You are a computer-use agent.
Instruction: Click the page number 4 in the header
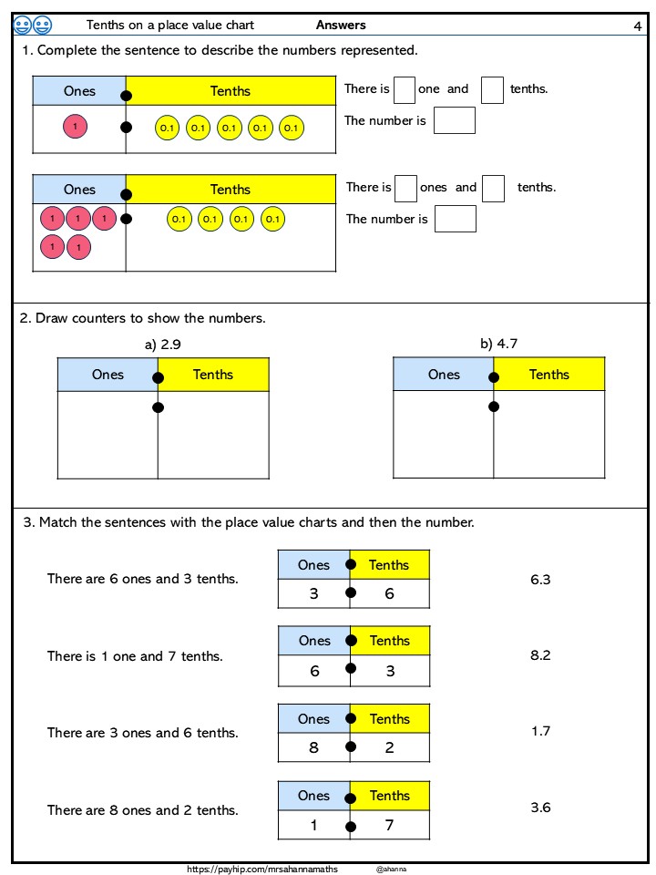pos(637,26)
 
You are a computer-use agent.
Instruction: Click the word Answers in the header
pos(341,26)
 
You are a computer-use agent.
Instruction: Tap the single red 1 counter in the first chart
pos(76,128)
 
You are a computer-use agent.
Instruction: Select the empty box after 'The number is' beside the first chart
pos(454,120)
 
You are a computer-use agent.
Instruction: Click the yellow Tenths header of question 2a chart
pos(213,375)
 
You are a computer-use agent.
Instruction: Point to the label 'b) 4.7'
pos(498,344)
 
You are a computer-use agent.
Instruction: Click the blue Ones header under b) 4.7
pos(444,375)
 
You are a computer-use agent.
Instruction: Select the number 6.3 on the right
pos(540,579)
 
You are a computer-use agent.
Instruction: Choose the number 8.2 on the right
pos(540,654)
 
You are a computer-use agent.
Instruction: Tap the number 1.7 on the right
pos(540,731)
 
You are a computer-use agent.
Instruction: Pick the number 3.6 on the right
pos(540,808)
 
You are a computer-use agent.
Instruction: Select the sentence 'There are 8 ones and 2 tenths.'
pos(143,810)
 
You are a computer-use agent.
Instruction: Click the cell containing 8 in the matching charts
pos(313,747)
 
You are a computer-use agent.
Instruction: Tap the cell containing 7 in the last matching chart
pos(389,825)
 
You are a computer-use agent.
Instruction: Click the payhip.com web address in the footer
pos(261,870)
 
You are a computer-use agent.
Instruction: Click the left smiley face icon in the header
pos(23,26)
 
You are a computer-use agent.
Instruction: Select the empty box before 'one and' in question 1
pos(404,89)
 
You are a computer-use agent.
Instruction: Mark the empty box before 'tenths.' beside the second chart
pos(493,188)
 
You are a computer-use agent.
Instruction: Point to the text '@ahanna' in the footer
pos(391,870)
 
